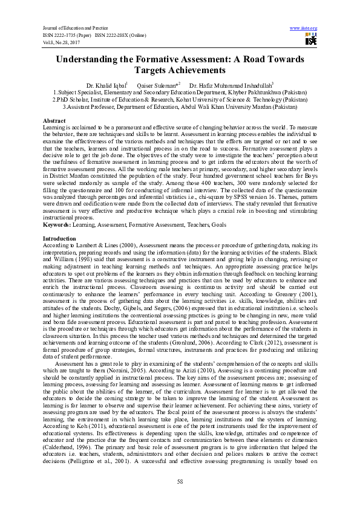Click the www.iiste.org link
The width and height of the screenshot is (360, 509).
(x=304, y=28)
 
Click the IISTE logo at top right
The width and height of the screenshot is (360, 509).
(x=311, y=40)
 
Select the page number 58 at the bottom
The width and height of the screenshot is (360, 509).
(x=180, y=481)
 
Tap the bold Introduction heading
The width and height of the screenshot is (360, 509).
(x=60, y=239)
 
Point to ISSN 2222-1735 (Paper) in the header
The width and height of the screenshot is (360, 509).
(x=67, y=35)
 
